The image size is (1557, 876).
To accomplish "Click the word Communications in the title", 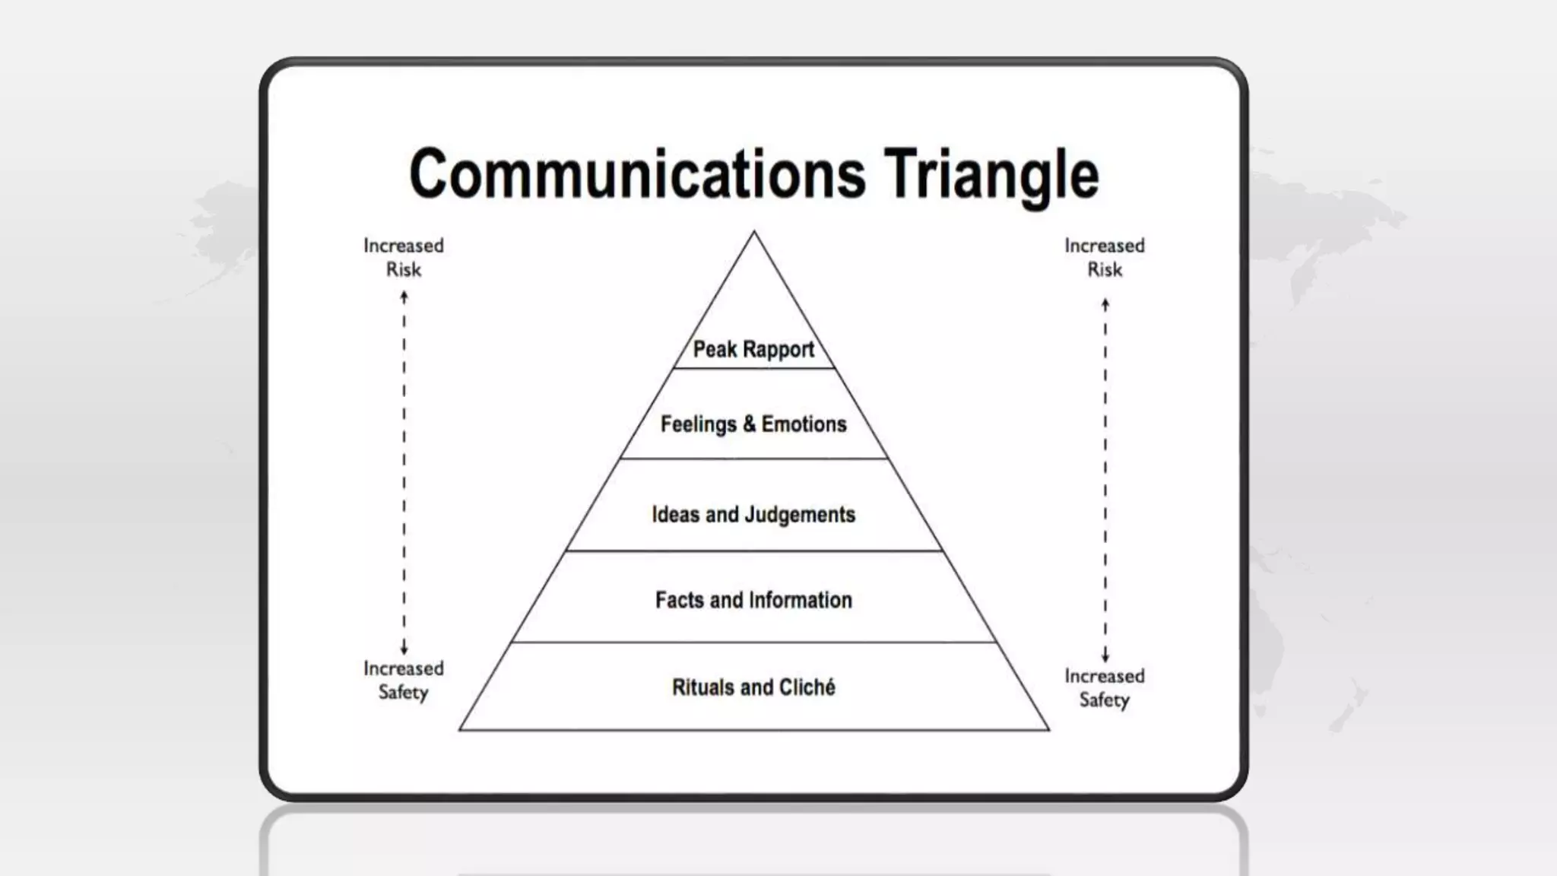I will [637, 174].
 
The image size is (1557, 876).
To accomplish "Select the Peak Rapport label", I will [753, 350].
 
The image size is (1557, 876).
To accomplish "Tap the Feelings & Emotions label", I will [753, 424].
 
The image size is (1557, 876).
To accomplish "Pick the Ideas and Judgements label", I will [753, 515].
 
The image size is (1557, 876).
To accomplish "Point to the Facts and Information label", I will [753, 601].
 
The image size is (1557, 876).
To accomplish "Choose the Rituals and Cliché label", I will [753, 687].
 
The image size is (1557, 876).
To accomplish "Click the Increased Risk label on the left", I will [404, 257].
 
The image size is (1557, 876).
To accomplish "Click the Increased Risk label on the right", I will [1105, 257].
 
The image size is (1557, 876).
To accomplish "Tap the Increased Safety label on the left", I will [404, 680].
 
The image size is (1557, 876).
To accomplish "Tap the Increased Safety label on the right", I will [1105, 687].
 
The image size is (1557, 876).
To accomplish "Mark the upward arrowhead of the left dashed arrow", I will [404, 297].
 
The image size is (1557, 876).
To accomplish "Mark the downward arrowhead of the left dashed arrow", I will [404, 649].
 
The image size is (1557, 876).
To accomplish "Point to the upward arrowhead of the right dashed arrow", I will [1105, 304].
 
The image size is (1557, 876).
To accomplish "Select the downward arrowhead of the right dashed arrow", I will [1105, 657].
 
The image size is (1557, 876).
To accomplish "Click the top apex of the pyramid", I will [754, 232].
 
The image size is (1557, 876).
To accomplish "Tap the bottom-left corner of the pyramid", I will [461, 730].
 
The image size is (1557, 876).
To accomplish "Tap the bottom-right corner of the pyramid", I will [1049, 730].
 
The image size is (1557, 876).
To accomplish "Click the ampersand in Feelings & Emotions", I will [750, 424].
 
